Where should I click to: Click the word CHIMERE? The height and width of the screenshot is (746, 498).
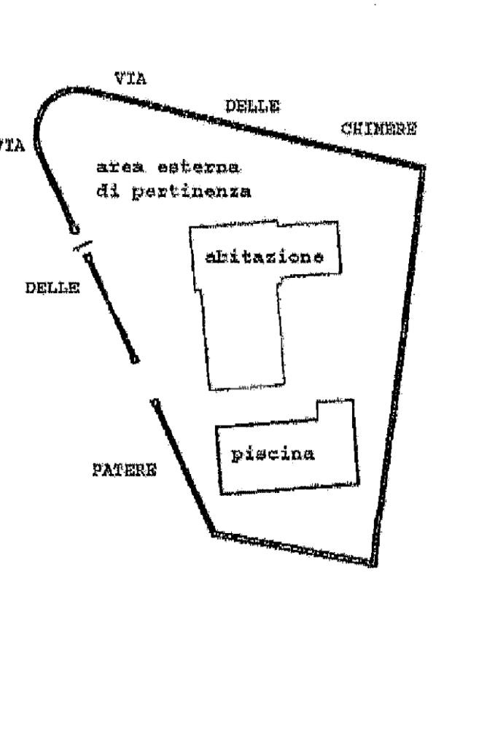tap(378, 130)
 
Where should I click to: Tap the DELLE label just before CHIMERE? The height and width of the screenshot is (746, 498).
tap(252, 106)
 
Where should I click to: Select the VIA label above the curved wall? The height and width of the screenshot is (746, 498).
tap(131, 79)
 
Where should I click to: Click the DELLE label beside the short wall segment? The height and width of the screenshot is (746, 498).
tap(52, 288)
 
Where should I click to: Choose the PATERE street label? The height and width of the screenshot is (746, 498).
tap(124, 469)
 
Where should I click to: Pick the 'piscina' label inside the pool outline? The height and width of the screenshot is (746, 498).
tap(273, 454)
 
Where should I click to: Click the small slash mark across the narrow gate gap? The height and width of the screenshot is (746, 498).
tap(81, 246)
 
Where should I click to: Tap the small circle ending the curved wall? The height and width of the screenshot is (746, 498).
tap(73, 229)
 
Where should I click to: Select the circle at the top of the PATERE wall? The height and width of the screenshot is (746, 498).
tap(154, 402)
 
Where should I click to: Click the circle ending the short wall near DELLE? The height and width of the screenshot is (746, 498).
tap(133, 358)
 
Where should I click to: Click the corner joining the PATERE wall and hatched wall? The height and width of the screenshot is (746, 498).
tap(212, 533)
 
